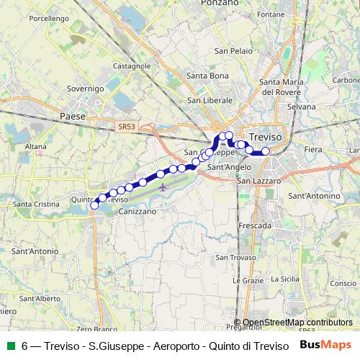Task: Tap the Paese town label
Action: pyautogui.click(x=73, y=115)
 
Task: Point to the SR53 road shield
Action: pyautogui.click(x=126, y=126)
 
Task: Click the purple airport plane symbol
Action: pyautogui.click(x=163, y=188)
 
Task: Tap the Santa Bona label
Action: pyautogui.click(x=207, y=76)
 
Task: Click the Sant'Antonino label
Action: pyautogui.click(x=313, y=196)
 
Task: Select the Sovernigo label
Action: pyautogui.click(x=86, y=88)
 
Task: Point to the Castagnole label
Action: pyautogui.click(x=132, y=66)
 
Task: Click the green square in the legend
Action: pyautogui.click(x=10, y=346)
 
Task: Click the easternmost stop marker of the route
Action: pyautogui.click(x=266, y=151)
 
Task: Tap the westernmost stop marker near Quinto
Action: pyautogui.click(x=94, y=205)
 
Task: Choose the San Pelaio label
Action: pyautogui.click(x=232, y=51)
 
